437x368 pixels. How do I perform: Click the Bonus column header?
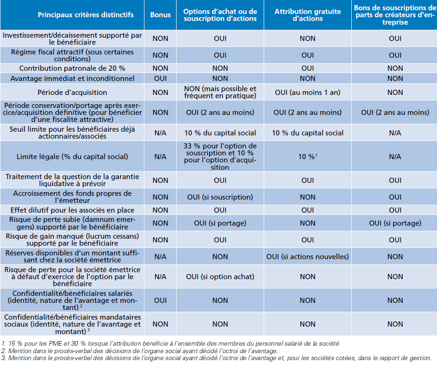pyautogui.click(x=160, y=15)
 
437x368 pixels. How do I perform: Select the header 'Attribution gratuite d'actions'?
pyautogui.click(x=307, y=15)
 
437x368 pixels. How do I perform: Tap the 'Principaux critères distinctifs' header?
pyautogui.click(x=86, y=15)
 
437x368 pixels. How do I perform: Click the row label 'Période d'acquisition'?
pyautogui.click(x=72, y=93)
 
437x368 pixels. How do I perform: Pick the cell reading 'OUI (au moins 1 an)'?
pyautogui.click(x=307, y=93)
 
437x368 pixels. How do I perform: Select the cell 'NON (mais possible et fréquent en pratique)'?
pyautogui.click(x=220, y=92)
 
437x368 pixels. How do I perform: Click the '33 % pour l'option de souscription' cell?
pyautogui.click(x=220, y=156)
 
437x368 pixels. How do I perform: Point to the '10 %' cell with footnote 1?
pyautogui.click(x=307, y=156)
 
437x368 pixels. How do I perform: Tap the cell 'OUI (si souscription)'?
pyautogui.click(x=220, y=197)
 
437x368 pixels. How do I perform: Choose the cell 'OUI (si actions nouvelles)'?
pyautogui.click(x=307, y=257)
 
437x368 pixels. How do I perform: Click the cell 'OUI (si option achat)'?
pyautogui.click(x=220, y=277)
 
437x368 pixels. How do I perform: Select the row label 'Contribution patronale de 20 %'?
pyautogui.click(x=72, y=68)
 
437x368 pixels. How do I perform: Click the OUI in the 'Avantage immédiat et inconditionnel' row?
pyautogui.click(x=160, y=79)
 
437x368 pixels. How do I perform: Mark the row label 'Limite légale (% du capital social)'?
pyautogui.click(x=72, y=156)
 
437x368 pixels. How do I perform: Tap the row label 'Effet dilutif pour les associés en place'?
pyautogui.click(x=72, y=210)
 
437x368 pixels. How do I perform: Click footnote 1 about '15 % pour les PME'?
pyautogui.click(x=170, y=343)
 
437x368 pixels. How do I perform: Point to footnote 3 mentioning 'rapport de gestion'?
pyautogui.click(x=216, y=358)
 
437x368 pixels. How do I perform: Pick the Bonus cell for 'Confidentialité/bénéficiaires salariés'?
pyautogui.click(x=160, y=301)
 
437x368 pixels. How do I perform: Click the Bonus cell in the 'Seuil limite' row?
pyautogui.click(x=160, y=133)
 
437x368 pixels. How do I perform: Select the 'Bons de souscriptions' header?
pyautogui.click(x=395, y=15)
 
